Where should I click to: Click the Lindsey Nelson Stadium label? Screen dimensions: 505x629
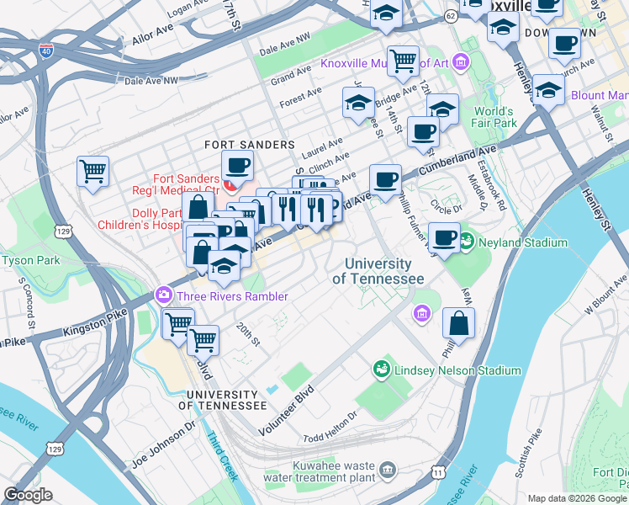[457, 370]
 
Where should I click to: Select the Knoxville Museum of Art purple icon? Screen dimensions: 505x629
[460, 62]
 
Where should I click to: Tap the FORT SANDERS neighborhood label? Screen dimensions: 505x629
[250, 145]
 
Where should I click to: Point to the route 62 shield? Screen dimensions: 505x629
[452, 15]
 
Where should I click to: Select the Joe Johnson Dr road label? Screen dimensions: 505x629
[163, 447]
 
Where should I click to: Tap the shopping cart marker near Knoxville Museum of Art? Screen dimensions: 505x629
[403, 61]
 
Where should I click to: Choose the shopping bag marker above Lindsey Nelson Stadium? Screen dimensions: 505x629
[458, 323]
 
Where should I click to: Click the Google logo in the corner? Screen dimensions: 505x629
[29, 495]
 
